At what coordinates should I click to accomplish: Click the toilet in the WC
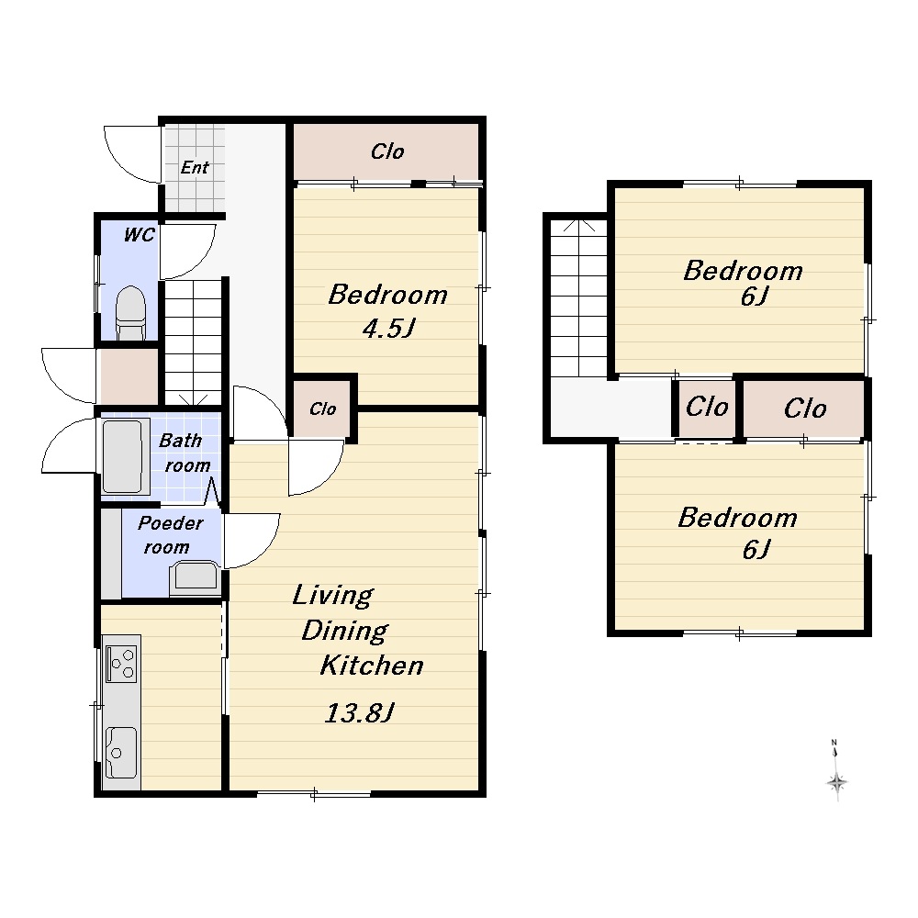[130, 313]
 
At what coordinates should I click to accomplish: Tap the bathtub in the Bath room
[122, 456]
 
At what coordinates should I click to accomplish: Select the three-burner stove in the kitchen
[121, 664]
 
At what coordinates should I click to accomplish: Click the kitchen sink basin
[120, 753]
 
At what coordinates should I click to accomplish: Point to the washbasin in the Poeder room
[196, 577]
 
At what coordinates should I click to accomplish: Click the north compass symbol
[836, 772]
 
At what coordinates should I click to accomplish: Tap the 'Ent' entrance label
[195, 167]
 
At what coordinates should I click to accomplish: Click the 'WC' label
[140, 235]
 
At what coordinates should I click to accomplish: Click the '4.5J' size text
[388, 329]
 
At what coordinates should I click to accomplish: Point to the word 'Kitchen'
[372, 666]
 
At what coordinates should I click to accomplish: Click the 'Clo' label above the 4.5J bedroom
[387, 151]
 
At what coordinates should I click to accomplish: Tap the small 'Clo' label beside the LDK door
[322, 409]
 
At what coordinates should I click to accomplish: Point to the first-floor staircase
[193, 343]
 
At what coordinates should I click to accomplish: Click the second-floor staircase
[578, 298]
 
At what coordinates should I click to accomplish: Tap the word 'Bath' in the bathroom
[180, 441]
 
